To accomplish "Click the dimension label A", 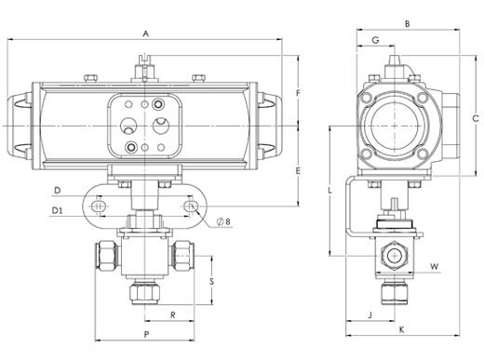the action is tap(145, 33).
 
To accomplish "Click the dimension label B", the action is tap(408, 23).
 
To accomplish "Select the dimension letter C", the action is tap(476, 118).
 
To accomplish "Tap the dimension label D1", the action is tap(57, 211).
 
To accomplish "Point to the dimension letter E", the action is tap(298, 171).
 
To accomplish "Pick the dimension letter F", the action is tap(299, 93).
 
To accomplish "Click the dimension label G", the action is tap(375, 40).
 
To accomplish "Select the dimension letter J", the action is tap(370, 315).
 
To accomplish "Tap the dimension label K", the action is tap(401, 329).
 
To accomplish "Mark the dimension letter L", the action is tap(330, 190).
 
